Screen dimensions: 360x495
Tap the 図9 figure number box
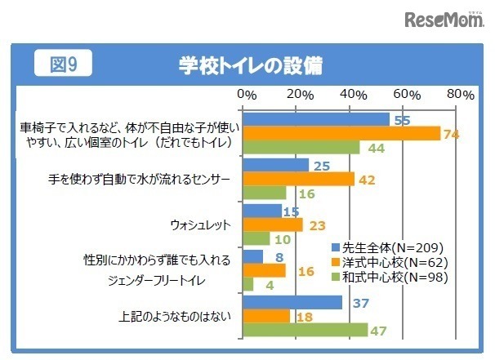[62, 63]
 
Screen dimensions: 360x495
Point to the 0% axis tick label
[246, 95]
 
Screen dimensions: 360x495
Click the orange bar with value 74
[342, 134]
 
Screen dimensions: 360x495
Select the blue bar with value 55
[317, 119]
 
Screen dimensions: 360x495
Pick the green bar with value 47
[305, 330]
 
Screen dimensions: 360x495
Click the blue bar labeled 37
[293, 302]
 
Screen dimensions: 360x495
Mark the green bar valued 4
[249, 284]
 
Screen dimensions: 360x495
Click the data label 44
[377, 149]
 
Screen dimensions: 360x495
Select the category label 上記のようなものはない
[179, 315]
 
